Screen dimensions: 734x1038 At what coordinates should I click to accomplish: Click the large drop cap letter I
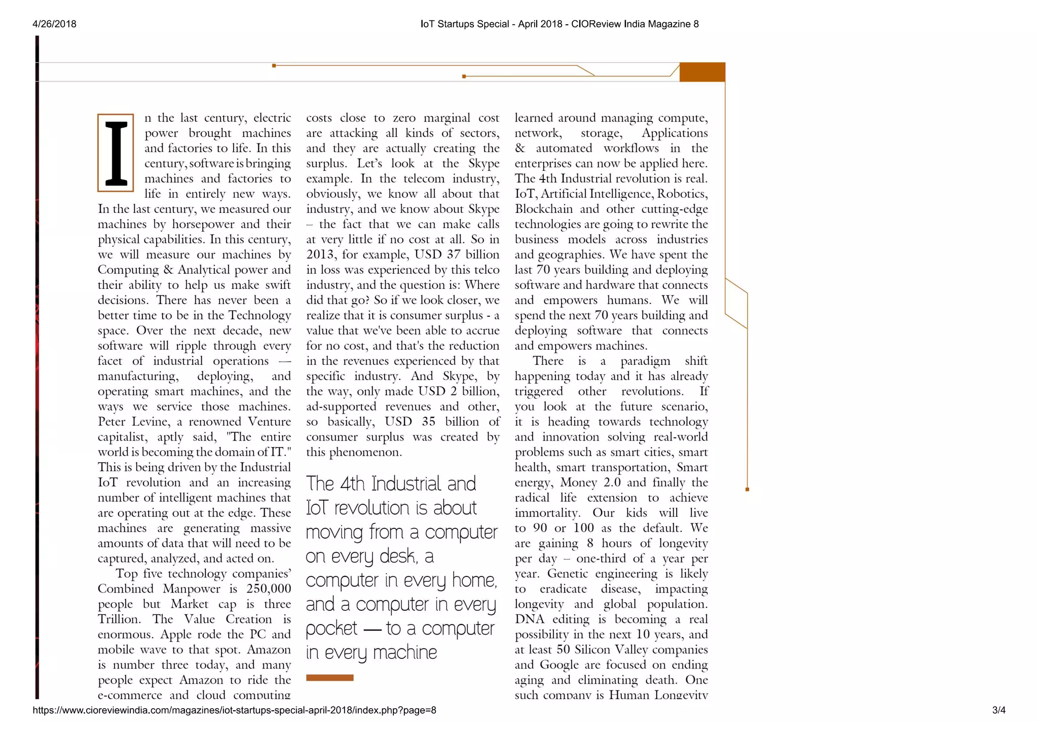click(116, 153)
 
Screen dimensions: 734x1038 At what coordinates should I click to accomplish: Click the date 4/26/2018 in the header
click(54, 24)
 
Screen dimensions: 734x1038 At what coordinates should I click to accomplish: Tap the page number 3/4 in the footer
click(998, 710)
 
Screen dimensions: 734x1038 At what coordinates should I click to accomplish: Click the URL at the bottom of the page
click(234, 710)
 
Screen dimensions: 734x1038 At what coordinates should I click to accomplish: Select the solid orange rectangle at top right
click(702, 72)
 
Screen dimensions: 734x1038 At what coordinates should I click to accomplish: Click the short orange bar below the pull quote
click(329, 678)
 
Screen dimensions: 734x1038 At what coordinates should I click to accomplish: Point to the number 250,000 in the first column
click(269, 589)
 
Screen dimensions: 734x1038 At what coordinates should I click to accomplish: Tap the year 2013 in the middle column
click(320, 254)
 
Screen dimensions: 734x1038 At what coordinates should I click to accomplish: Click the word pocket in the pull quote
click(331, 629)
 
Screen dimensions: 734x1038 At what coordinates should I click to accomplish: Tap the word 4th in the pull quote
click(352, 484)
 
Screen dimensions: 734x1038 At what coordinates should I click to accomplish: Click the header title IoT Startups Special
click(464, 24)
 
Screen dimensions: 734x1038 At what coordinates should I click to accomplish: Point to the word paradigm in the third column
click(645, 361)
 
